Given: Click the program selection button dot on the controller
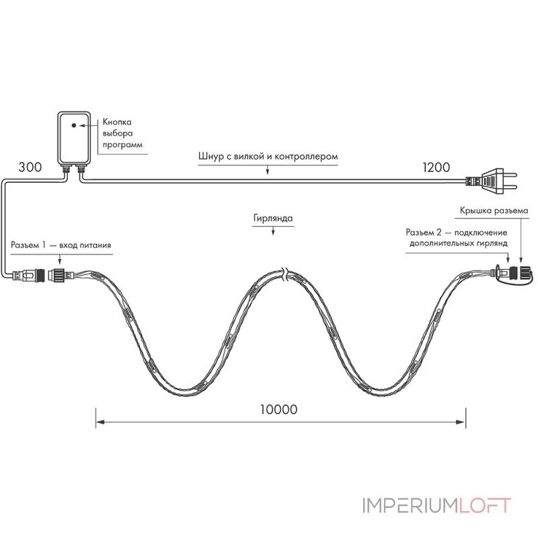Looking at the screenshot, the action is coord(74,125).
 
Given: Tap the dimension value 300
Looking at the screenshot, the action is coord(30,167).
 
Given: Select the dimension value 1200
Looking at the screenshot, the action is coord(436,167).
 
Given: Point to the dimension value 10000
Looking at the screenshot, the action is coord(278,410).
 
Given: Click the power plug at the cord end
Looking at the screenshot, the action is coord(492,181).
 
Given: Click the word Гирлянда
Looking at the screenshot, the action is coord(273,218).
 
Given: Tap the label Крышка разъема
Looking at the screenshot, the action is coord(494,210).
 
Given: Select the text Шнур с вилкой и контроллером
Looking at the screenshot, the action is coord(268,157).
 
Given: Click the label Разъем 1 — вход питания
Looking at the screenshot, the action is coord(61,245).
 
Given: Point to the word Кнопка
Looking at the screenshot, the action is coord(117,122).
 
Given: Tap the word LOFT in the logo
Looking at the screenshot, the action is coord(485,506).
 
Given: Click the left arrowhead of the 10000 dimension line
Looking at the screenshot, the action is coord(100,422).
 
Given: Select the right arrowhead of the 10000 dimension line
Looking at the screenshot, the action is coord(461,422).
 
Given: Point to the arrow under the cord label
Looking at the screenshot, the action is coord(268,170).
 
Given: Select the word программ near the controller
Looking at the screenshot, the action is coord(122,145).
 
